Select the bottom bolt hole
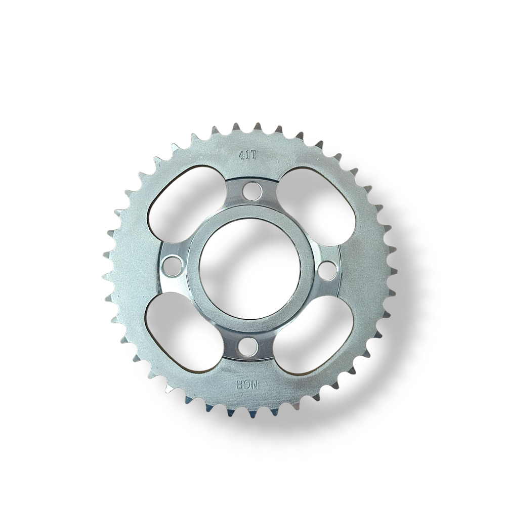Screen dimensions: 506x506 [246, 347]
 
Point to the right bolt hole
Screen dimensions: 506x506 [326, 270]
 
